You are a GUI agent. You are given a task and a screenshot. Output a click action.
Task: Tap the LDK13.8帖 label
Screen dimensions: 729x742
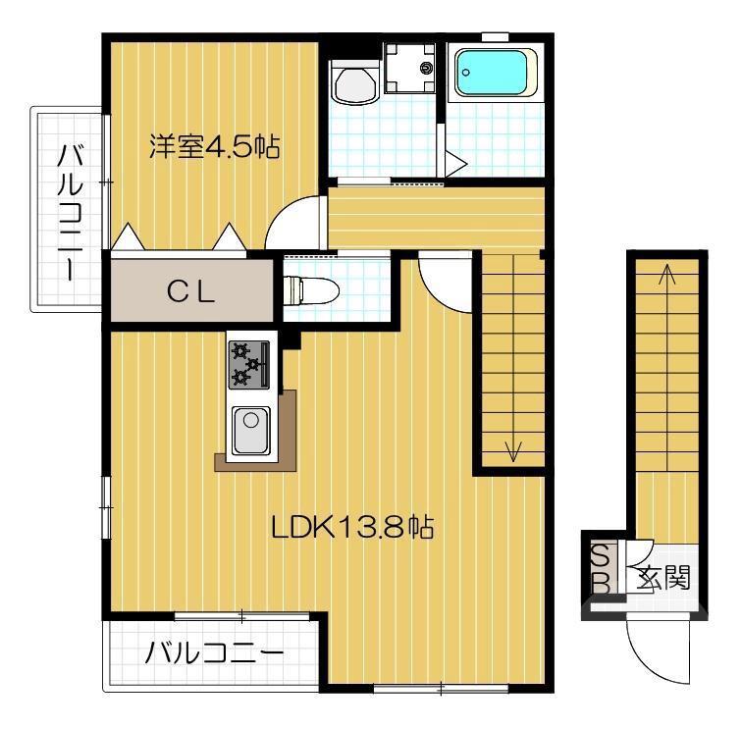click(x=352, y=527)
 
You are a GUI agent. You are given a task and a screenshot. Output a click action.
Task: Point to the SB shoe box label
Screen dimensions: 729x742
click(x=600, y=569)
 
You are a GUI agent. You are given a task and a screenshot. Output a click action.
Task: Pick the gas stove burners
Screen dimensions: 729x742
click(x=248, y=364)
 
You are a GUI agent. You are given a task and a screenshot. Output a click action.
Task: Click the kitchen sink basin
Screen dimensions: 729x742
click(x=251, y=430)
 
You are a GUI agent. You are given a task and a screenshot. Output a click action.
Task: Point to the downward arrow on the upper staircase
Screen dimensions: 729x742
click(x=511, y=449)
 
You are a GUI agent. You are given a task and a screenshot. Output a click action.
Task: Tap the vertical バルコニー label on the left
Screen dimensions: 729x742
click(x=71, y=208)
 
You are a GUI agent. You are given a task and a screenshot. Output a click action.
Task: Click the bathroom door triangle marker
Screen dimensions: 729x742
click(x=454, y=163)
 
